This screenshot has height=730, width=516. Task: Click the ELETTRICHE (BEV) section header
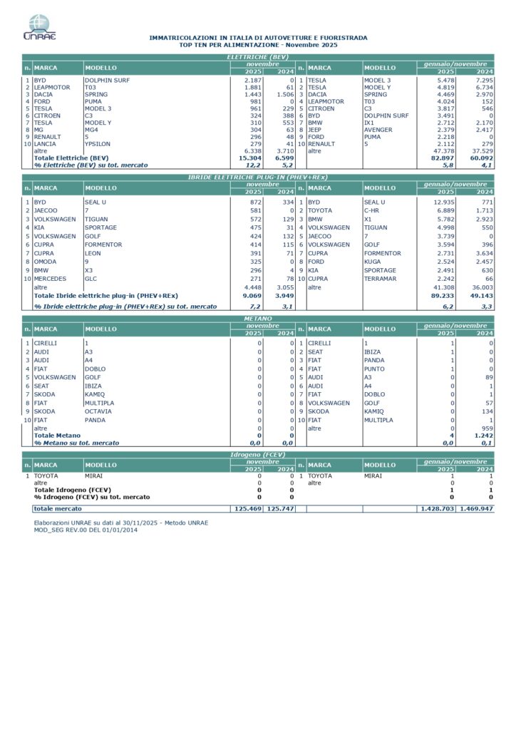point(257,56)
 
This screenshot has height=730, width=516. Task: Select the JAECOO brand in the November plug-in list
point(46,210)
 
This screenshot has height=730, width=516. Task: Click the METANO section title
point(257,319)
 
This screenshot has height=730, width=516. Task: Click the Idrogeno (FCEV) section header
point(257,453)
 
